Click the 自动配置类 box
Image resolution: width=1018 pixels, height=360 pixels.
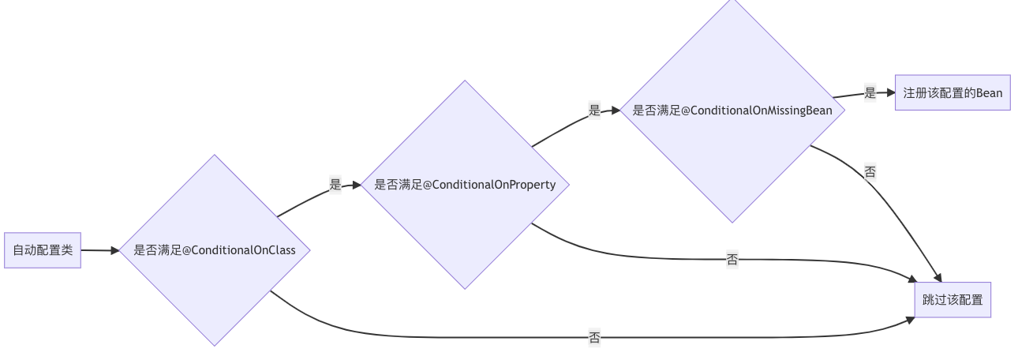pos(43,250)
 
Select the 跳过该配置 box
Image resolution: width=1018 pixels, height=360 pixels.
pos(953,300)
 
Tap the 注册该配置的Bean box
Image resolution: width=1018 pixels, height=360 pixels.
pos(953,92)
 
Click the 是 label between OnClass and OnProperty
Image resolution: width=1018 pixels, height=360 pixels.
pos(335,185)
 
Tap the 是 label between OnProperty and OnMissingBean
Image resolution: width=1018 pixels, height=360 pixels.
pos(594,111)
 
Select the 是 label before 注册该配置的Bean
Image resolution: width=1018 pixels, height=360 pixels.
pos(870,93)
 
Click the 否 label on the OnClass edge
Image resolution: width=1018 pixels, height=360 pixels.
pos(594,338)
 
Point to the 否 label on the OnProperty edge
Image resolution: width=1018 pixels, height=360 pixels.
pos(732,260)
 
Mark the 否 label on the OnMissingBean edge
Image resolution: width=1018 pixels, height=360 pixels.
pos(870,171)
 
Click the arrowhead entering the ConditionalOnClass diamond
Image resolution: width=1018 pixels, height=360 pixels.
pos(115,251)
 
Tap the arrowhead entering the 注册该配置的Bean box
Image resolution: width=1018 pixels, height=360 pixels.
pos(890,92)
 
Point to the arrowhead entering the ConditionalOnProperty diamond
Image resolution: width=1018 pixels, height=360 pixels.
pos(357,185)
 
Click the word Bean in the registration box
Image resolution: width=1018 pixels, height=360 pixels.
pos(990,92)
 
